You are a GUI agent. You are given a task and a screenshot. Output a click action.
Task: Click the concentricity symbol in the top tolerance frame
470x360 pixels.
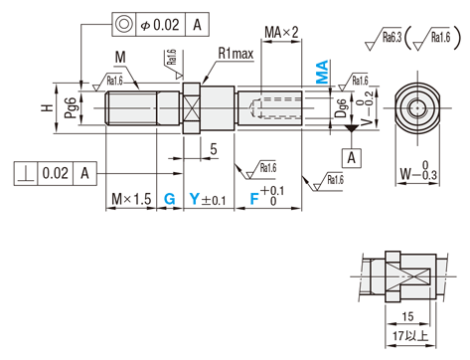pyautogui.click(x=124, y=24)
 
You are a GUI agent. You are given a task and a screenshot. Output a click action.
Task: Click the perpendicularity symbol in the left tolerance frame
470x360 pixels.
pyautogui.click(x=26, y=174)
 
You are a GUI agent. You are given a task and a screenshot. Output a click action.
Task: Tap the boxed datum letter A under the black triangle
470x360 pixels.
pyautogui.click(x=352, y=158)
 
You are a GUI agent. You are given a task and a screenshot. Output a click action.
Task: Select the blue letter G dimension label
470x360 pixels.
pyautogui.click(x=170, y=199)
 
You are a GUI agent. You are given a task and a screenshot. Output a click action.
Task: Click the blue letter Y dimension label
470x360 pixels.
pyautogui.click(x=195, y=199)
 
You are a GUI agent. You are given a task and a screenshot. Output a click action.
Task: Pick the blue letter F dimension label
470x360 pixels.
pyautogui.click(x=254, y=199)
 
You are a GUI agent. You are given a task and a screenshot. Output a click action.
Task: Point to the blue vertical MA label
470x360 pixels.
pyautogui.click(x=322, y=72)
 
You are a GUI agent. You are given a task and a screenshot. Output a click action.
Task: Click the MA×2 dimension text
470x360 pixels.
pyautogui.click(x=281, y=32)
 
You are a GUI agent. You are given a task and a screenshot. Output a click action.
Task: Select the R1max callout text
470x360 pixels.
pyautogui.click(x=235, y=53)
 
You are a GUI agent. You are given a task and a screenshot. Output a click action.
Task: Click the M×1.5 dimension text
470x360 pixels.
pyautogui.click(x=131, y=199)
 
